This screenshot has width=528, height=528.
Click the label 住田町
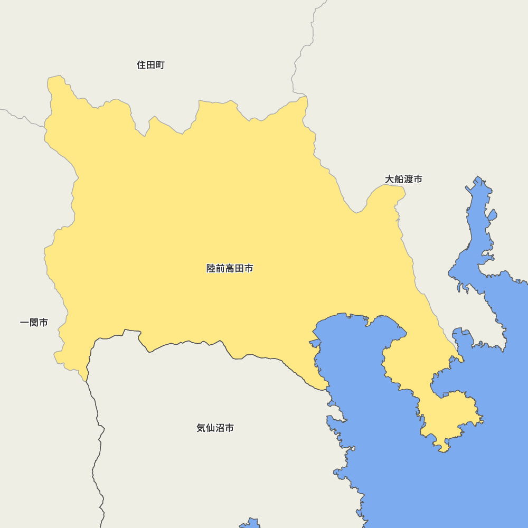(150, 65)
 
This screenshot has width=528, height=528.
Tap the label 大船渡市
(403, 179)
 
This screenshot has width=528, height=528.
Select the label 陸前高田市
(230, 268)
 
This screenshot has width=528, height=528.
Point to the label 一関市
(34, 322)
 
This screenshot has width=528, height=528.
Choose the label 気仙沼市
(215, 428)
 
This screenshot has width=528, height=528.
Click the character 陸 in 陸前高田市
(211, 268)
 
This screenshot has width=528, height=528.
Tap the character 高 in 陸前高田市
(230, 268)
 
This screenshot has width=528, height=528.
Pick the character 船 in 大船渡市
(399, 179)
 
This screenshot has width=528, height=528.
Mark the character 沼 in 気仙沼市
(220, 428)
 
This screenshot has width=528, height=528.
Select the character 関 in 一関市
(34, 322)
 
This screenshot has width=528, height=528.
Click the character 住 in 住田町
(142, 65)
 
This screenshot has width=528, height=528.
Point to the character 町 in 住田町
(160, 65)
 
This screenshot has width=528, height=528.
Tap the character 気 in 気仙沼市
(201, 428)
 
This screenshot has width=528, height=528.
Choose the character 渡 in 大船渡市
(409, 179)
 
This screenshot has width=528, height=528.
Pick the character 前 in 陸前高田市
(220, 268)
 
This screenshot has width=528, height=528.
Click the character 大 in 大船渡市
(390, 179)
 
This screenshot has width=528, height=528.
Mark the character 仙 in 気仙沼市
(211, 428)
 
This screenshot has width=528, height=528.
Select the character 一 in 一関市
(24, 322)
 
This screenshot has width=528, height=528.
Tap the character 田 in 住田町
(150, 65)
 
